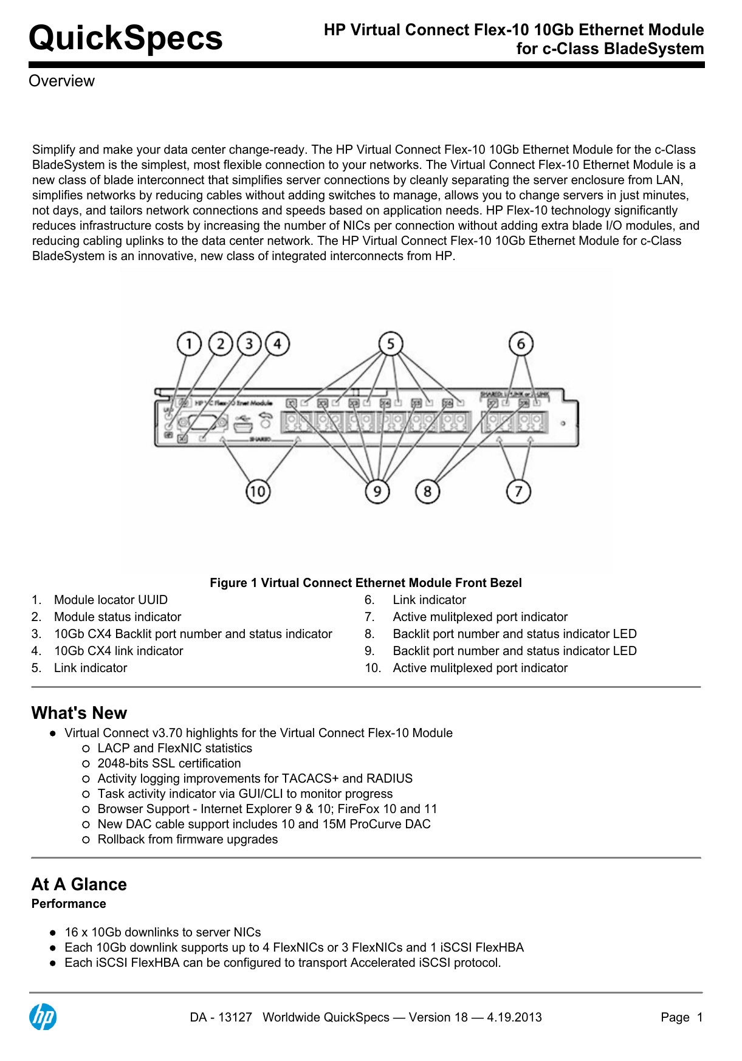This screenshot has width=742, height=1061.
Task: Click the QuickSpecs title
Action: point(126,38)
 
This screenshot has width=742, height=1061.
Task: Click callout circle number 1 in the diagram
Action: point(189,344)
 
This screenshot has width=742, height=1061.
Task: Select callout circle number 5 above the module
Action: point(390,344)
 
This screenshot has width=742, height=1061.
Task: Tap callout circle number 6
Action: point(521,344)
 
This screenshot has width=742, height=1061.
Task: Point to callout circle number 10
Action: point(258,491)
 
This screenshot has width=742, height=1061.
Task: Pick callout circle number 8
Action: point(427,491)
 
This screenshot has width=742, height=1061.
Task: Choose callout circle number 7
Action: point(518,491)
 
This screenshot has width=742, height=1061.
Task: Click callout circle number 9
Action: point(377,491)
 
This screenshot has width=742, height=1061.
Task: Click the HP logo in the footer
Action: point(43,1017)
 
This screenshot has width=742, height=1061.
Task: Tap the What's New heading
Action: point(79,713)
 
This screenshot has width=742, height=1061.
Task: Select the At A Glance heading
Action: point(79,884)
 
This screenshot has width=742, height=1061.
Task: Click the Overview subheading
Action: point(61,81)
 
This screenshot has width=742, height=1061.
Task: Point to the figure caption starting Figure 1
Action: point(365,583)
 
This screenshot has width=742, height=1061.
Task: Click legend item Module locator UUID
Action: point(111,600)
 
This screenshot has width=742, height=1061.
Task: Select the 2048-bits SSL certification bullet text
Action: point(169,763)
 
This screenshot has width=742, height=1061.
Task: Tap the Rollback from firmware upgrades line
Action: point(187,839)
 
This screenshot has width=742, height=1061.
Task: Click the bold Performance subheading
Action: point(69,904)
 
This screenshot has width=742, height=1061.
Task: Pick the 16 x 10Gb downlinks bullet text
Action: point(162,932)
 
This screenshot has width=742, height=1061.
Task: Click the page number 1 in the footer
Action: point(699,1017)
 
